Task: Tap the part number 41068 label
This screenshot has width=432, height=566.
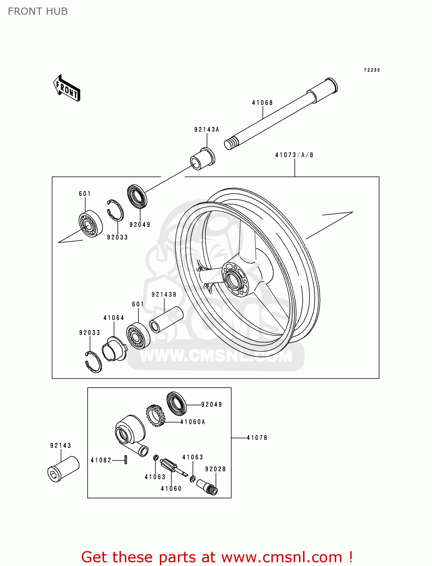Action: pos(262,103)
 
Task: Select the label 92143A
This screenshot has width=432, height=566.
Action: pos(207,130)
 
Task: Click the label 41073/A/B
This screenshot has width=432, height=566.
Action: pos(294,155)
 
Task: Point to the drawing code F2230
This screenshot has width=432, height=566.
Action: pos(372,70)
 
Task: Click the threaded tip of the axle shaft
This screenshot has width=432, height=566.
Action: pos(231,143)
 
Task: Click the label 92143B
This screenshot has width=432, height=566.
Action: pos(164,295)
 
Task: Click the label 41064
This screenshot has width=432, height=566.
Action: pos(114,318)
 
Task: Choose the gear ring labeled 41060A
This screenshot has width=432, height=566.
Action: pos(156,415)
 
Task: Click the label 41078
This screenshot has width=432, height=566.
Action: pos(257,438)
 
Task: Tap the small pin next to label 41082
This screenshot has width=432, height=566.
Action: pos(126,460)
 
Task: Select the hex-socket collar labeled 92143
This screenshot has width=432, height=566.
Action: pos(63,469)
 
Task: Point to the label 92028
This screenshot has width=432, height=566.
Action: pos(216,469)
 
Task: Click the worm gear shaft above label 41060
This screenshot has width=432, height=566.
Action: pos(172,467)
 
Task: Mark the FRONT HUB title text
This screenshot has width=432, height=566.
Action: pos(38,11)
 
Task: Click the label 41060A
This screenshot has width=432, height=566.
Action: pos(193,422)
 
